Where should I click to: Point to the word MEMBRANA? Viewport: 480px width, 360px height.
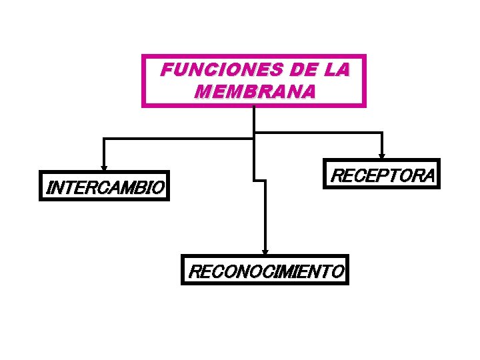click(x=253, y=91)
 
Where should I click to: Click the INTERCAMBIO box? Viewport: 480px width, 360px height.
click(x=105, y=187)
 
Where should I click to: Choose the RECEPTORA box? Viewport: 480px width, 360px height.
click(x=381, y=175)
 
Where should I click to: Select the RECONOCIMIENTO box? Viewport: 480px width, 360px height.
click(x=265, y=271)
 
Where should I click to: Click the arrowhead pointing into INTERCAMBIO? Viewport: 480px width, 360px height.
click(x=103, y=167)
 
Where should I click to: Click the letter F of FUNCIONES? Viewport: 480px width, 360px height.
click(x=167, y=69)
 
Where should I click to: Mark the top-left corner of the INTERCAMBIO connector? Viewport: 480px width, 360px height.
click(x=103, y=139)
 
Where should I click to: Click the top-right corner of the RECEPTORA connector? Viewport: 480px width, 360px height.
click(x=381, y=133)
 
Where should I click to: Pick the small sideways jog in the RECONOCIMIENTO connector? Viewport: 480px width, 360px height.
click(x=260, y=179)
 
